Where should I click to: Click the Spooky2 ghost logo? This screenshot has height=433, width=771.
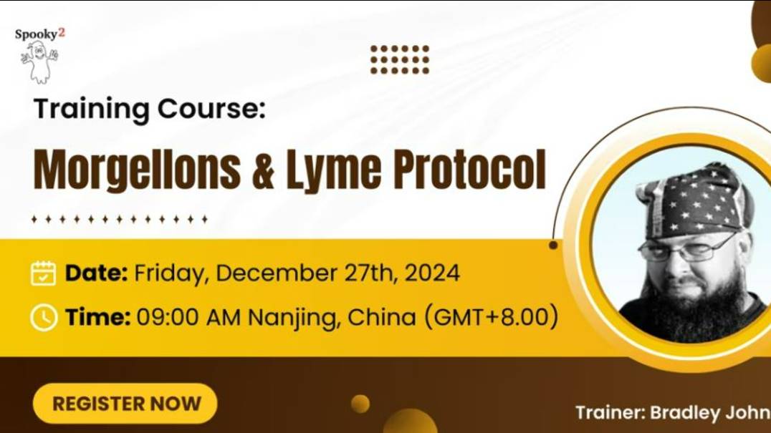click(x=39, y=62)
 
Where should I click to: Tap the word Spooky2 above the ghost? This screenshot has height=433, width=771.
click(x=39, y=34)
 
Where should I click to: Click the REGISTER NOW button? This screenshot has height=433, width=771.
click(x=125, y=404)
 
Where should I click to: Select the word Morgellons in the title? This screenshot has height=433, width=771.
click(x=137, y=170)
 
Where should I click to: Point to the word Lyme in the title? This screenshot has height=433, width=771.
click(x=328, y=170)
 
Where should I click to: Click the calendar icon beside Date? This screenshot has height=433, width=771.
click(x=44, y=273)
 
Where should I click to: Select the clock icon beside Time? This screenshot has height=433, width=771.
click(x=44, y=318)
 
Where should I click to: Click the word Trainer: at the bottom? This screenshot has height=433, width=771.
click(x=609, y=412)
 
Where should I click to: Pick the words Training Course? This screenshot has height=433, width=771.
click(x=149, y=109)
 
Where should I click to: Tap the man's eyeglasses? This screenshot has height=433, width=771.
click(x=684, y=249)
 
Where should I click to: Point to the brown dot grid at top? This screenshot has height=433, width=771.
click(x=400, y=59)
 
